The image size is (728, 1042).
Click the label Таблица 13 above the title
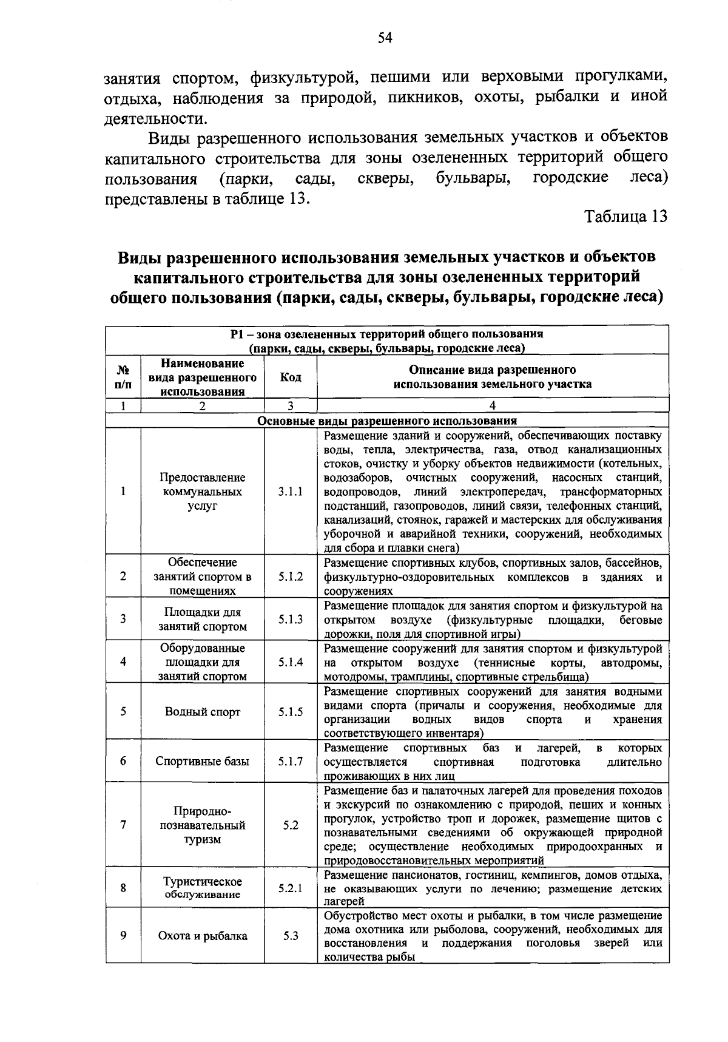pos(625,217)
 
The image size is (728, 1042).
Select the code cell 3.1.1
pos(291,492)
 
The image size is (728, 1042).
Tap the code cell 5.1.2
pos(291,577)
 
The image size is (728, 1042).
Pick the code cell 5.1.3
pos(291,620)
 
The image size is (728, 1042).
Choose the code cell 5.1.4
pos(291,662)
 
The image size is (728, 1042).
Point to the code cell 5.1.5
pos(291,712)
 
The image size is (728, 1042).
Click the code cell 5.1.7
pos(291,761)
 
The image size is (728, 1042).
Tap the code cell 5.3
pos(291,936)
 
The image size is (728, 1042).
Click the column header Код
pos(291,377)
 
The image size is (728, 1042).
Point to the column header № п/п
pos(123,377)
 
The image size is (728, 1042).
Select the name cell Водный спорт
pos(203,712)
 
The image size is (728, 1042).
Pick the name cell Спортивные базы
pos(203,761)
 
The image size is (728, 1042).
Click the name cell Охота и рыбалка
pos(203,936)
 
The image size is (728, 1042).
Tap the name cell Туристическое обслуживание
pos(203,888)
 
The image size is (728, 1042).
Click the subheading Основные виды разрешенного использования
pos(387,421)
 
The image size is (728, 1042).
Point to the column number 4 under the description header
pos(493,406)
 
